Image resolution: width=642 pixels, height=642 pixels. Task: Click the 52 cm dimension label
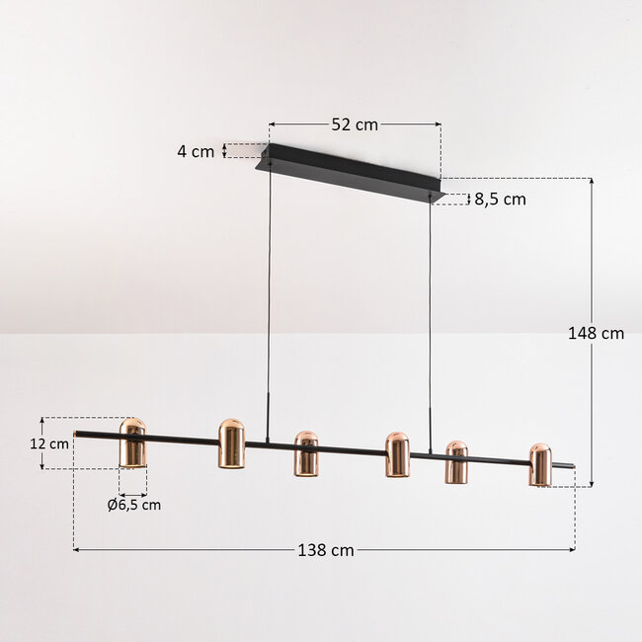(354, 124)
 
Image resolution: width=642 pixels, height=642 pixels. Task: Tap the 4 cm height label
(196, 151)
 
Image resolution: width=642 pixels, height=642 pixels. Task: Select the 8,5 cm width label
(501, 199)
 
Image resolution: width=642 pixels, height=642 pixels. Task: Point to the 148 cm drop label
(597, 333)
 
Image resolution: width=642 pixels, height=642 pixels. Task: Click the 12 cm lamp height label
(49, 443)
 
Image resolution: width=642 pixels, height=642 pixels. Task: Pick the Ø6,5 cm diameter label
(133, 505)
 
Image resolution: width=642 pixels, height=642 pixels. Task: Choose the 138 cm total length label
(325, 550)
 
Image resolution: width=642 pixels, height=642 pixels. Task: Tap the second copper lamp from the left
(231, 445)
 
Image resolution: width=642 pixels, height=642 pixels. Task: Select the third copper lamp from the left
(305, 453)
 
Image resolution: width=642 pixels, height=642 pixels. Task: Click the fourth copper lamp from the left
(397, 454)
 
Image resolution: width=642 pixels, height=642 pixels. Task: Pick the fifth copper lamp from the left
(455, 462)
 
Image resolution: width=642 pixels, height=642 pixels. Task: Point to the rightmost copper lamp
(539, 464)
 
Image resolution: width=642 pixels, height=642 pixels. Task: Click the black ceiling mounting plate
(351, 172)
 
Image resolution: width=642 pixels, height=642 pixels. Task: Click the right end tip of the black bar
(570, 464)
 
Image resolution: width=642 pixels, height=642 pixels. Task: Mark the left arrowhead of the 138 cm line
(76, 550)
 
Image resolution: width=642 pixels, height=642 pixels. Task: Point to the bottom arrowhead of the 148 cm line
(591, 483)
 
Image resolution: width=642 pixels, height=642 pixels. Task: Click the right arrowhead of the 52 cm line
(439, 124)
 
